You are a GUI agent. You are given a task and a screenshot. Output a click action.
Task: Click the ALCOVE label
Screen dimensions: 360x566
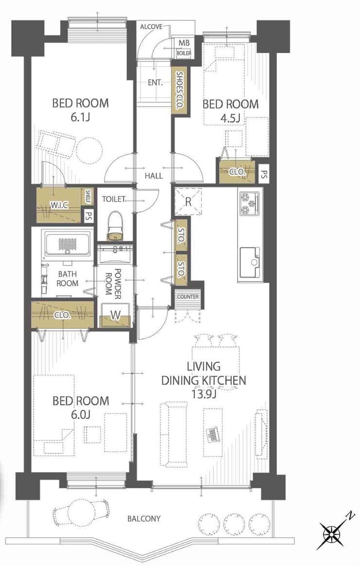151,27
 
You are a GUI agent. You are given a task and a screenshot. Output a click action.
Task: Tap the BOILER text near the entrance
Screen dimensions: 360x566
184,54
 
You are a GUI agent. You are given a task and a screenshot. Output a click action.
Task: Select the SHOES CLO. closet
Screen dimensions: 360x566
180,91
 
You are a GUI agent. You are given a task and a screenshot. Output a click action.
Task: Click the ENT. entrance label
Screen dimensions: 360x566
155,83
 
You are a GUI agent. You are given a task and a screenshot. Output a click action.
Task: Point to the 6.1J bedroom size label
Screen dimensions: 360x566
80,118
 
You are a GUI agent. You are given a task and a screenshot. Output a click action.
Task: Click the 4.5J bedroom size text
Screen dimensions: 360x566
231,118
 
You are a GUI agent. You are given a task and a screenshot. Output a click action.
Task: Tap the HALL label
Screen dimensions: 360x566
154,176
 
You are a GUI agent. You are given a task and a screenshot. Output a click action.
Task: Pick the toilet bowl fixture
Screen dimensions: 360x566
115,226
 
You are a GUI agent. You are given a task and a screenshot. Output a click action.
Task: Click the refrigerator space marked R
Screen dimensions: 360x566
188,201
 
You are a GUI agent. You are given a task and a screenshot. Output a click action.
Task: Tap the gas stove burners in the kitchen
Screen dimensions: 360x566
250,203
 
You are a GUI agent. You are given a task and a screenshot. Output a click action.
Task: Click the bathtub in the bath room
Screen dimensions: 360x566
66,244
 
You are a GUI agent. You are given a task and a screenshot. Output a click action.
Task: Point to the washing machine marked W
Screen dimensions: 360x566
115,315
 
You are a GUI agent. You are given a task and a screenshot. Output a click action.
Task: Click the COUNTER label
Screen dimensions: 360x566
188,297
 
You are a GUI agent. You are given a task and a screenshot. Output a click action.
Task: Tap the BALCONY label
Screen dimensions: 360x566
144,519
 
